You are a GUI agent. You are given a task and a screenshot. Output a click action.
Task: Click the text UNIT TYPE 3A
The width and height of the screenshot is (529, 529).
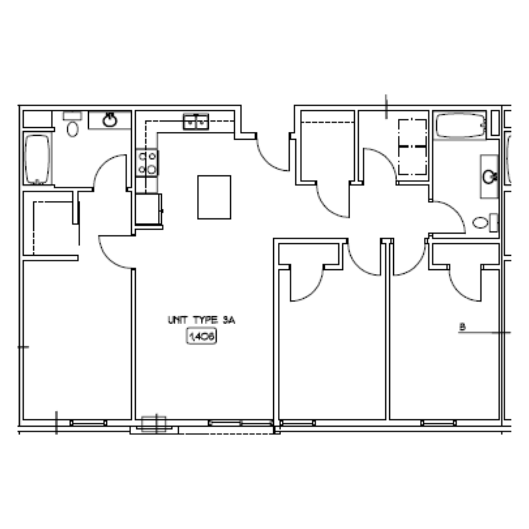click(201, 320)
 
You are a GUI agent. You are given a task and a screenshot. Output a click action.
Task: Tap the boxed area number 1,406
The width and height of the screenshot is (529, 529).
click(201, 337)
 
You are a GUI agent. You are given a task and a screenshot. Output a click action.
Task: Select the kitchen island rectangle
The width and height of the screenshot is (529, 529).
click(214, 197)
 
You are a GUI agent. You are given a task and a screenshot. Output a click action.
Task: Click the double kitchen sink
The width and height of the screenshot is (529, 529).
click(195, 122)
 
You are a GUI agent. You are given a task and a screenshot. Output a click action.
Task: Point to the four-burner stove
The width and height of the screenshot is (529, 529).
click(147, 163)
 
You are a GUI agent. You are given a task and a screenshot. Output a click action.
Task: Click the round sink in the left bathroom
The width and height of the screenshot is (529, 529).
click(110, 120)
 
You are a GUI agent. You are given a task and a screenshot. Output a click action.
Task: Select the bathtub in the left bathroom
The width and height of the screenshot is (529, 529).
click(37, 159)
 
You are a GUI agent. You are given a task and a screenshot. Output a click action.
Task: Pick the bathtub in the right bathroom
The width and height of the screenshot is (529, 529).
click(460, 125)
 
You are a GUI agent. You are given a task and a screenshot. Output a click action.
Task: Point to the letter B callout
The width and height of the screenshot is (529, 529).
click(462, 327)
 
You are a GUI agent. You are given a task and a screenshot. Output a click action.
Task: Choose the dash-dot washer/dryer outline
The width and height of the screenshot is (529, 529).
click(412, 147)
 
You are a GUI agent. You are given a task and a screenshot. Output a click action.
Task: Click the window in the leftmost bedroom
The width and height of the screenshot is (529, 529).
click(88, 423)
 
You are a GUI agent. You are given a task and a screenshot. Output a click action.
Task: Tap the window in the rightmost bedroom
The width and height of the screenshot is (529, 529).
click(438, 423)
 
